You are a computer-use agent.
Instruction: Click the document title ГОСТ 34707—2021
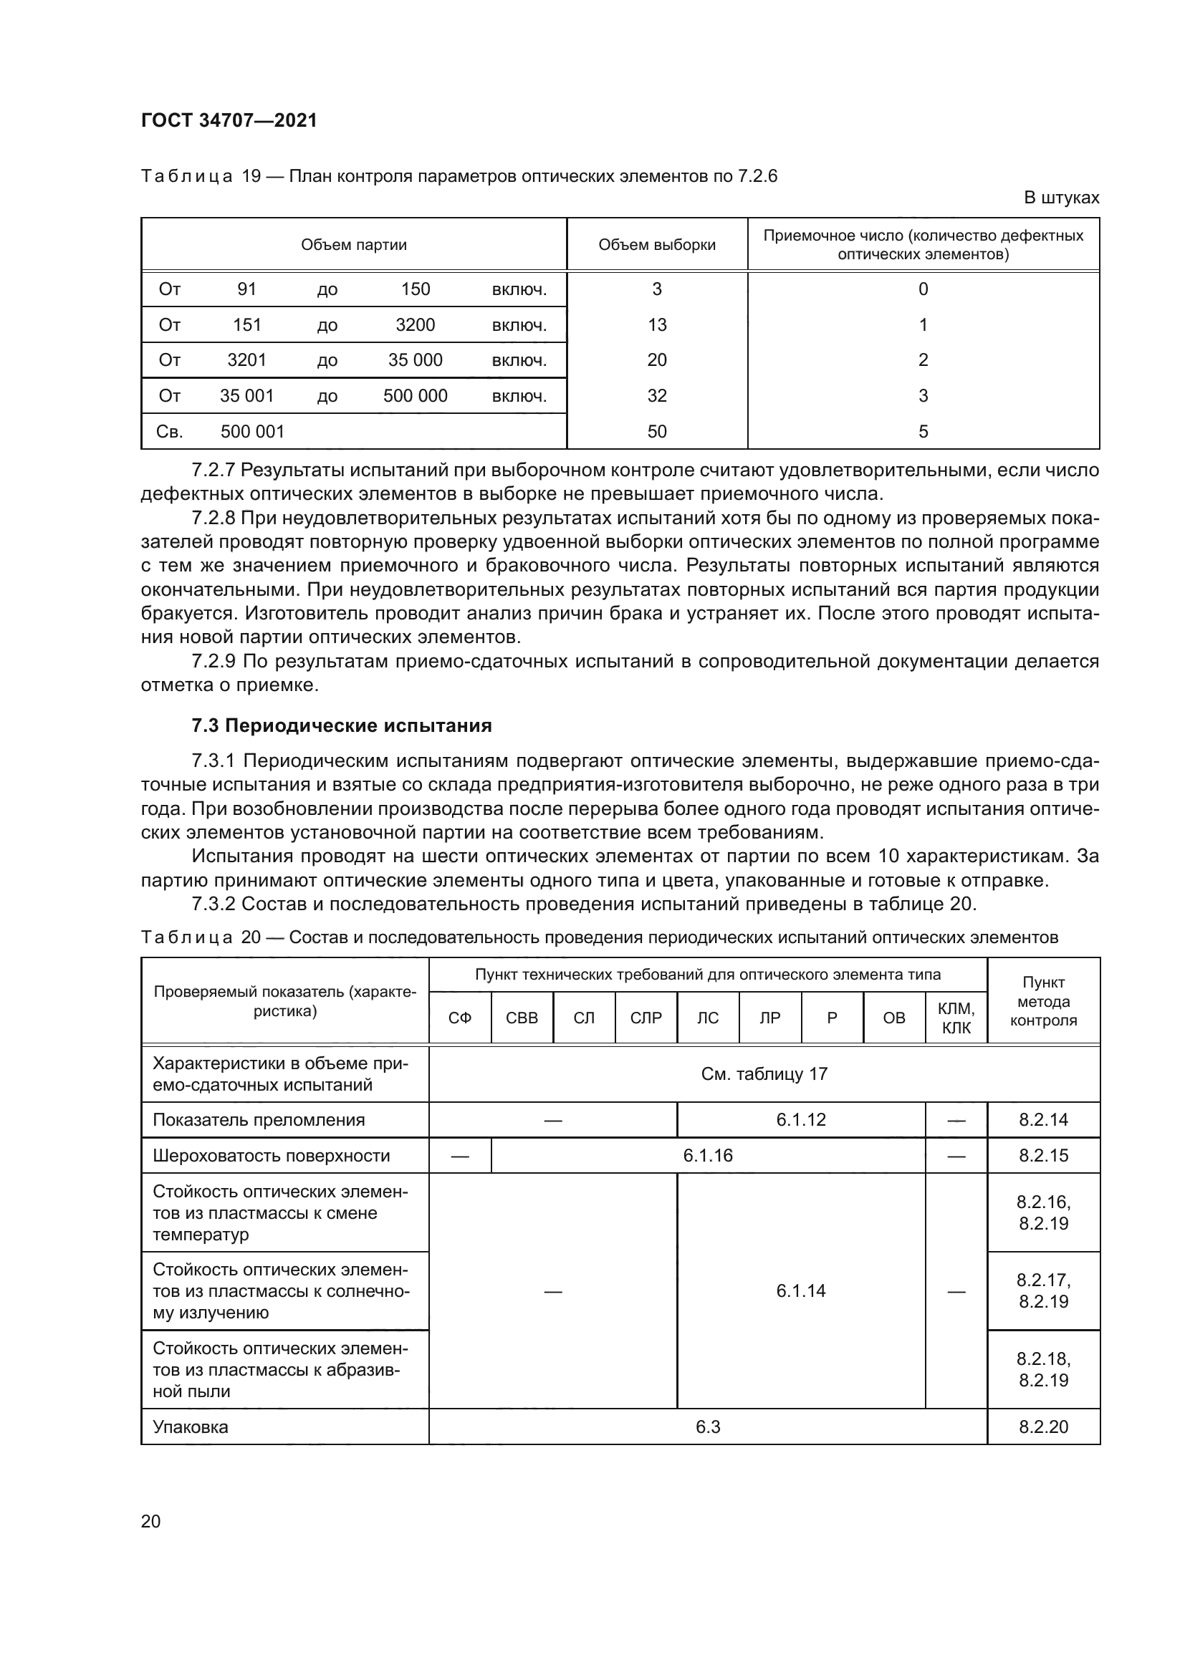[x=229, y=120]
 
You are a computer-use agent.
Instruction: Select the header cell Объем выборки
[x=657, y=245]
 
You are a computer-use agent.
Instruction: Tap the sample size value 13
[x=657, y=325]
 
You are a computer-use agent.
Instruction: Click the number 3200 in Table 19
[x=416, y=325]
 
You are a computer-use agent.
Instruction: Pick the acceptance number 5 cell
[x=923, y=432]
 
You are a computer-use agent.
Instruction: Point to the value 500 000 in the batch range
[x=416, y=396]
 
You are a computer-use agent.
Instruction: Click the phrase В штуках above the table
[x=1061, y=198]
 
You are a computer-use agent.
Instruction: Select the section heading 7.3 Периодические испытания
[x=342, y=726]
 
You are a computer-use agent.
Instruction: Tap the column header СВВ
[x=522, y=1018]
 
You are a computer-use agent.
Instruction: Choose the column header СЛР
[x=646, y=1018]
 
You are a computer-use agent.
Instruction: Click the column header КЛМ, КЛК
[x=956, y=1018]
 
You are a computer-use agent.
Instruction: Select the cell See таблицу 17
[x=764, y=1075]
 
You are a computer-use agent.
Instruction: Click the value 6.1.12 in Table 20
[x=800, y=1121]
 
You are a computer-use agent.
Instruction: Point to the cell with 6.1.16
[x=708, y=1157]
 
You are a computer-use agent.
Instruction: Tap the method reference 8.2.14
[x=1042, y=1121]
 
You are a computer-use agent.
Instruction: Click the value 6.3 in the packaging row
[x=708, y=1428]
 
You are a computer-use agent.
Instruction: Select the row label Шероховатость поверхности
[x=272, y=1157]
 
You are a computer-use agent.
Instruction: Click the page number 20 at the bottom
[x=151, y=1522]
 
